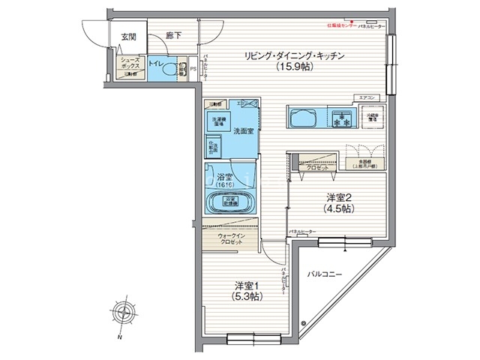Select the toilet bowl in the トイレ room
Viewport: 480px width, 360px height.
pos(180,69)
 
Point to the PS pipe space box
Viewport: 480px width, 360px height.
pos(193,70)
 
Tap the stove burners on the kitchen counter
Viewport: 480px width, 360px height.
pos(344,118)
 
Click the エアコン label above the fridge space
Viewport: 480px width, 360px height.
pos(367,97)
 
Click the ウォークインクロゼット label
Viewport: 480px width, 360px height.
pos(230,239)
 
